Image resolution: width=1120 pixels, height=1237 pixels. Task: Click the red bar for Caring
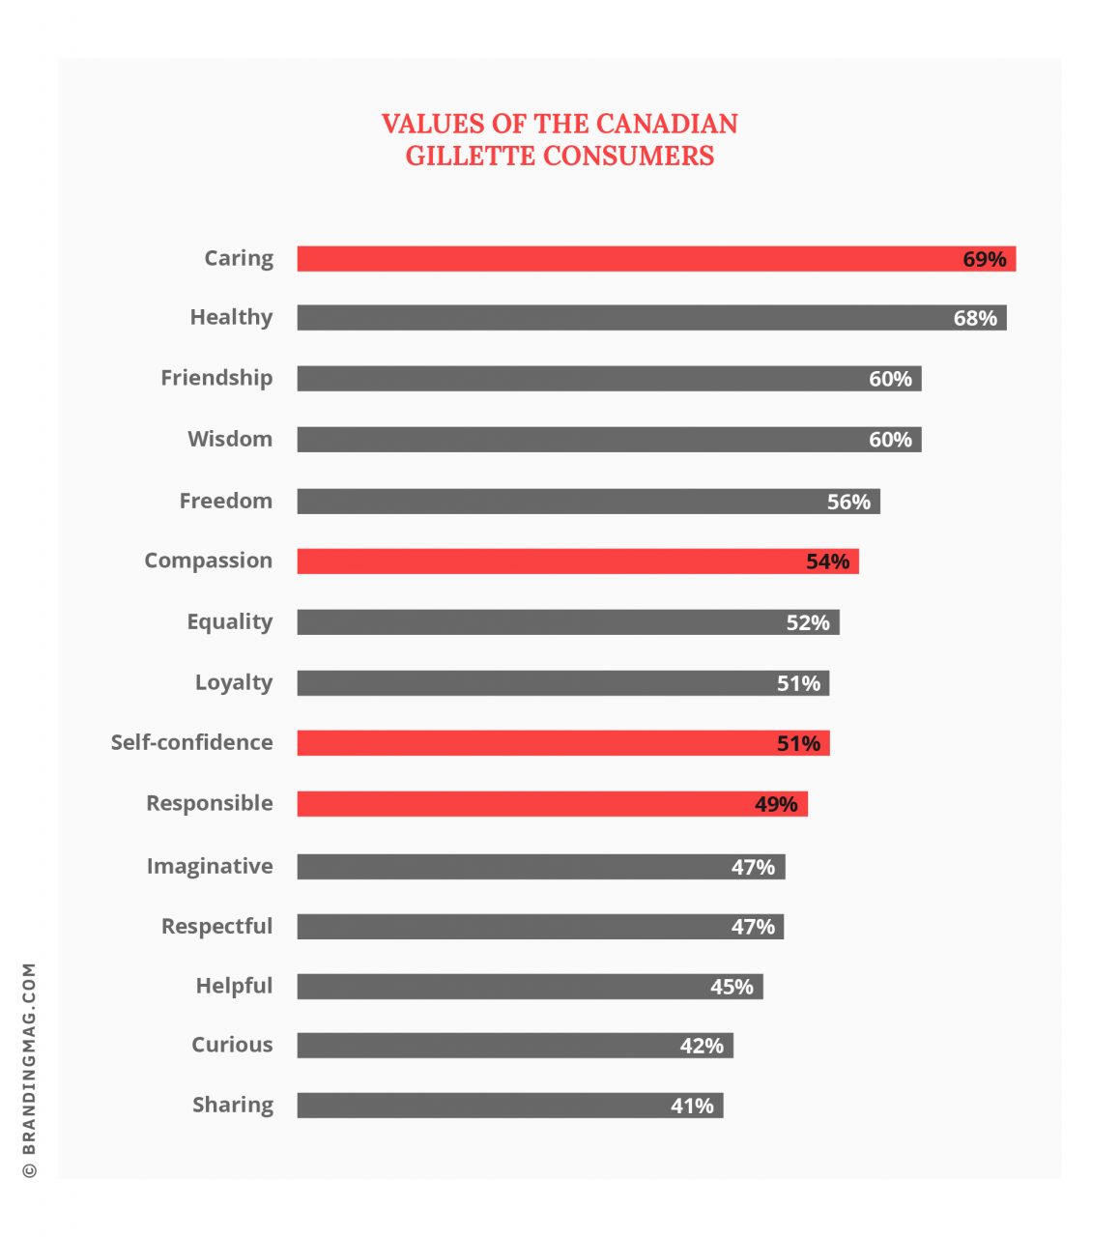628,258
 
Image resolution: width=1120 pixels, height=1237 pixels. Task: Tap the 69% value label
984,259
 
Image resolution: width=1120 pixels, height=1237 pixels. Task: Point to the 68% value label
975,318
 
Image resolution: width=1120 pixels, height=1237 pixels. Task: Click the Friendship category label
216,378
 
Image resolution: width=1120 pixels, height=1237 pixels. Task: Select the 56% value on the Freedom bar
848,502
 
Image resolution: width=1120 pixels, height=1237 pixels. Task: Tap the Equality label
229,622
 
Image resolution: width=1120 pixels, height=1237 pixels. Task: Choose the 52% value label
808,622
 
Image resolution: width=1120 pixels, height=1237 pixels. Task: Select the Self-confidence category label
191,742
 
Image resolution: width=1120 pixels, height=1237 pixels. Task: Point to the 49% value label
776,804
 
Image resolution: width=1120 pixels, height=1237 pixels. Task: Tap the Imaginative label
210,866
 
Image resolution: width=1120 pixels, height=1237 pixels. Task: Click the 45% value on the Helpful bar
732,987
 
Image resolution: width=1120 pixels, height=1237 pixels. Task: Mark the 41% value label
692,1106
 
